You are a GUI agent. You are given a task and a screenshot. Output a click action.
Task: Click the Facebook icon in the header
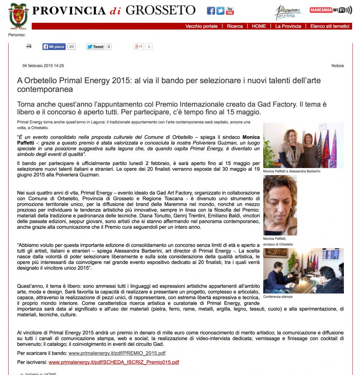pos(211,10)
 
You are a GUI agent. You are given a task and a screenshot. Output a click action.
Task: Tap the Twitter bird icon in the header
pos(220,10)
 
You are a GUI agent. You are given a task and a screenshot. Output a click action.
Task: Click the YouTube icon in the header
pos(230,10)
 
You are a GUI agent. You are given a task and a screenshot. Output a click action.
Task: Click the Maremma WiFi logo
pos(331,10)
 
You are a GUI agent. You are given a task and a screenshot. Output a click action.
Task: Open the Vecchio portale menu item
pos(201,26)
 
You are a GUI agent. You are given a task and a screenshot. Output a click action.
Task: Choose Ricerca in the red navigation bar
pos(235,26)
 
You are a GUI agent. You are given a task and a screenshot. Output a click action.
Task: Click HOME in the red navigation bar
pos(259,26)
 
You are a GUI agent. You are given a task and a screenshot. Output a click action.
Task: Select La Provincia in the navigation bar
pos(288,26)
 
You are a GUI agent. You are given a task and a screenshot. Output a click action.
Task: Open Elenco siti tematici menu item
pos(330,26)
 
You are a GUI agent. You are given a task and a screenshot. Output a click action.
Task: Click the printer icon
pos(29,46)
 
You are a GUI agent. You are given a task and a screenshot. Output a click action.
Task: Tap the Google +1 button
pos(139,47)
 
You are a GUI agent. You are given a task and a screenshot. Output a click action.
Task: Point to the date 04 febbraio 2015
pos(43,66)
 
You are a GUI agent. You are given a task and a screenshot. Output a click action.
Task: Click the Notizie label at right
pos(337,66)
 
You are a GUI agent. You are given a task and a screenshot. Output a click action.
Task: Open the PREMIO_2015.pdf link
pos(117,353)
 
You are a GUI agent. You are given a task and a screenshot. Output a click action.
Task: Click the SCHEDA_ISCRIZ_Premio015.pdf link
pos(114,362)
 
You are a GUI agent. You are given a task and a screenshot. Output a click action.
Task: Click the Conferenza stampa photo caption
pos(278,297)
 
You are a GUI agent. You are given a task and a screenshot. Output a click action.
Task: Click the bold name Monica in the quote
pos(251,137)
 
